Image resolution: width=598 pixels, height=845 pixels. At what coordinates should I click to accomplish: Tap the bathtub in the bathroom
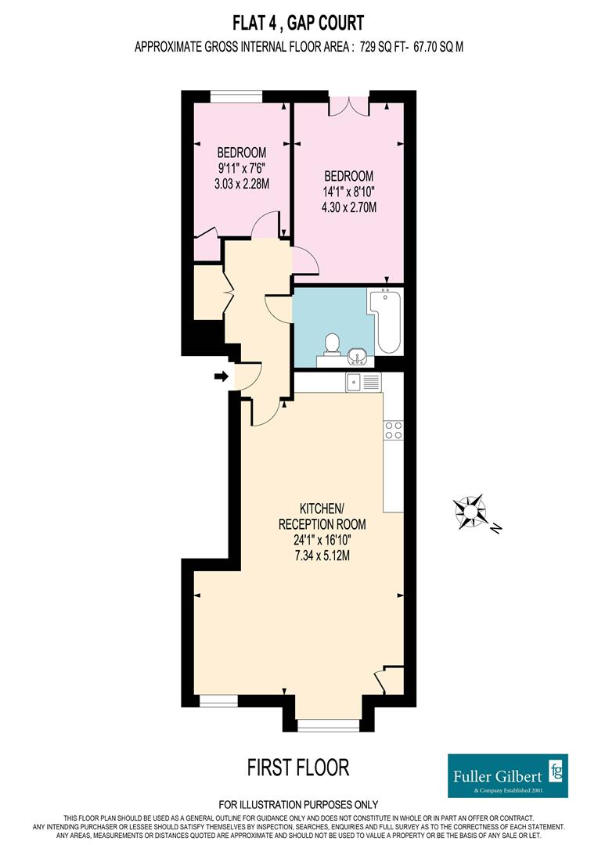pyautogui.click(x=385, y=322)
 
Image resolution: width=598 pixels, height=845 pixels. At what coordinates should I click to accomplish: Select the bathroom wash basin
pyautogui.click(x=358, y=356)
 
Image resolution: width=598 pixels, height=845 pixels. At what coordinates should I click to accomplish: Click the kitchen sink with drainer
pyautogui.click(x=363, y=382)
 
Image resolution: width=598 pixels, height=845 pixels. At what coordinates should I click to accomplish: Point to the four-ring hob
pyautogui.click(x=393, y=430)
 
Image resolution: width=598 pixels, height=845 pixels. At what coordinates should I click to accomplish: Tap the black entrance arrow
pyautogui.click(x=222, y=376)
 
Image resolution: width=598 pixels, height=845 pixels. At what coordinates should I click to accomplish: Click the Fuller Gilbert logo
pyautogui.click(x=507, y=775)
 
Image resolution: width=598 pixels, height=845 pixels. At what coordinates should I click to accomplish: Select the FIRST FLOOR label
pyautogui.click(x=298, y=767)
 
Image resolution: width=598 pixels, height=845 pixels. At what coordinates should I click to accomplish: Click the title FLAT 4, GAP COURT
pyautogui.click(x=298, y=23)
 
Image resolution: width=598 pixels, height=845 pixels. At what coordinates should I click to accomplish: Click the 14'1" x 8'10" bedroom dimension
pyautogui.click(x=349, y=192)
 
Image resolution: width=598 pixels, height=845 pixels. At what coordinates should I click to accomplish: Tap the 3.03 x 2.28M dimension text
pyautogui.click(x=242, y=184)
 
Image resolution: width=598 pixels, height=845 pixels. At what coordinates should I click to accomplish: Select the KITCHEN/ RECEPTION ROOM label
pyautogui.click(x=322, y=516)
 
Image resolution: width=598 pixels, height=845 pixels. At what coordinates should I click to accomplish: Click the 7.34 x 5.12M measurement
pyautogui.click(x=322, y=555)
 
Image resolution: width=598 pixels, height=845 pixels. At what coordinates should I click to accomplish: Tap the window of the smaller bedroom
pyautogui.click(x=236, y=96)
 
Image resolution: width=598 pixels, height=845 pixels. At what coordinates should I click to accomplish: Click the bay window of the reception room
pyautogui.click(x=329, y=725)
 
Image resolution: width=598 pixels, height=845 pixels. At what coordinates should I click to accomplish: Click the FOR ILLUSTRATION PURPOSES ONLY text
pyautogui.click(x=298, y=804)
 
